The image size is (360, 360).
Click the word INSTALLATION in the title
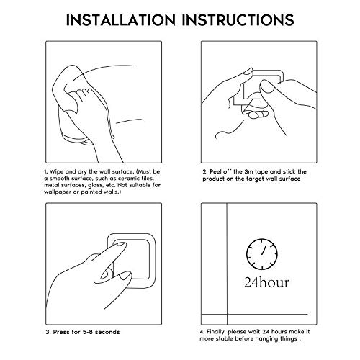[x=121, y=20]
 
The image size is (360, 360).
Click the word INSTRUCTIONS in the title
[x=238, y=20]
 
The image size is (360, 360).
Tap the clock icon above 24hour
[x=262, y=254]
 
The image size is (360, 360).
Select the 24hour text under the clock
[x=266, y=282]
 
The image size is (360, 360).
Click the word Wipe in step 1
[x=56, y=172]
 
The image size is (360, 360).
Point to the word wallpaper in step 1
[x=58, y=192]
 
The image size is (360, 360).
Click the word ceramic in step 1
[x=130, y=179]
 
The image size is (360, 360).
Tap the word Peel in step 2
[x=215, y=172]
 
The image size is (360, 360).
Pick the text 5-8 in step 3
[x=87, y=332]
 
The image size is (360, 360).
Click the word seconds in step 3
[x=107, y=332]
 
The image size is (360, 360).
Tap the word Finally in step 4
[x=216, y=332]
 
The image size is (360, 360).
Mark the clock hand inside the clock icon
[x=264, y=250]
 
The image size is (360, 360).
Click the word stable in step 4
[x=224, y=339]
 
